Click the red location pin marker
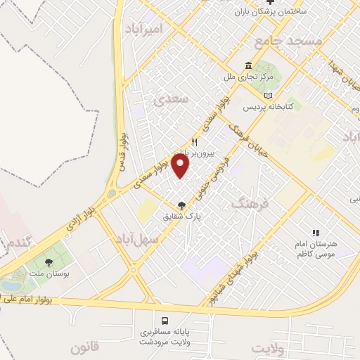click(181, 165)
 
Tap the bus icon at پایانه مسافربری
click(165, 318)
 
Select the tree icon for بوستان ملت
click(49, 262)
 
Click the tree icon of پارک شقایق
click(182, 205)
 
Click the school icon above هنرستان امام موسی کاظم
click(316, 233)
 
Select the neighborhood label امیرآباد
click(143, 29)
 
